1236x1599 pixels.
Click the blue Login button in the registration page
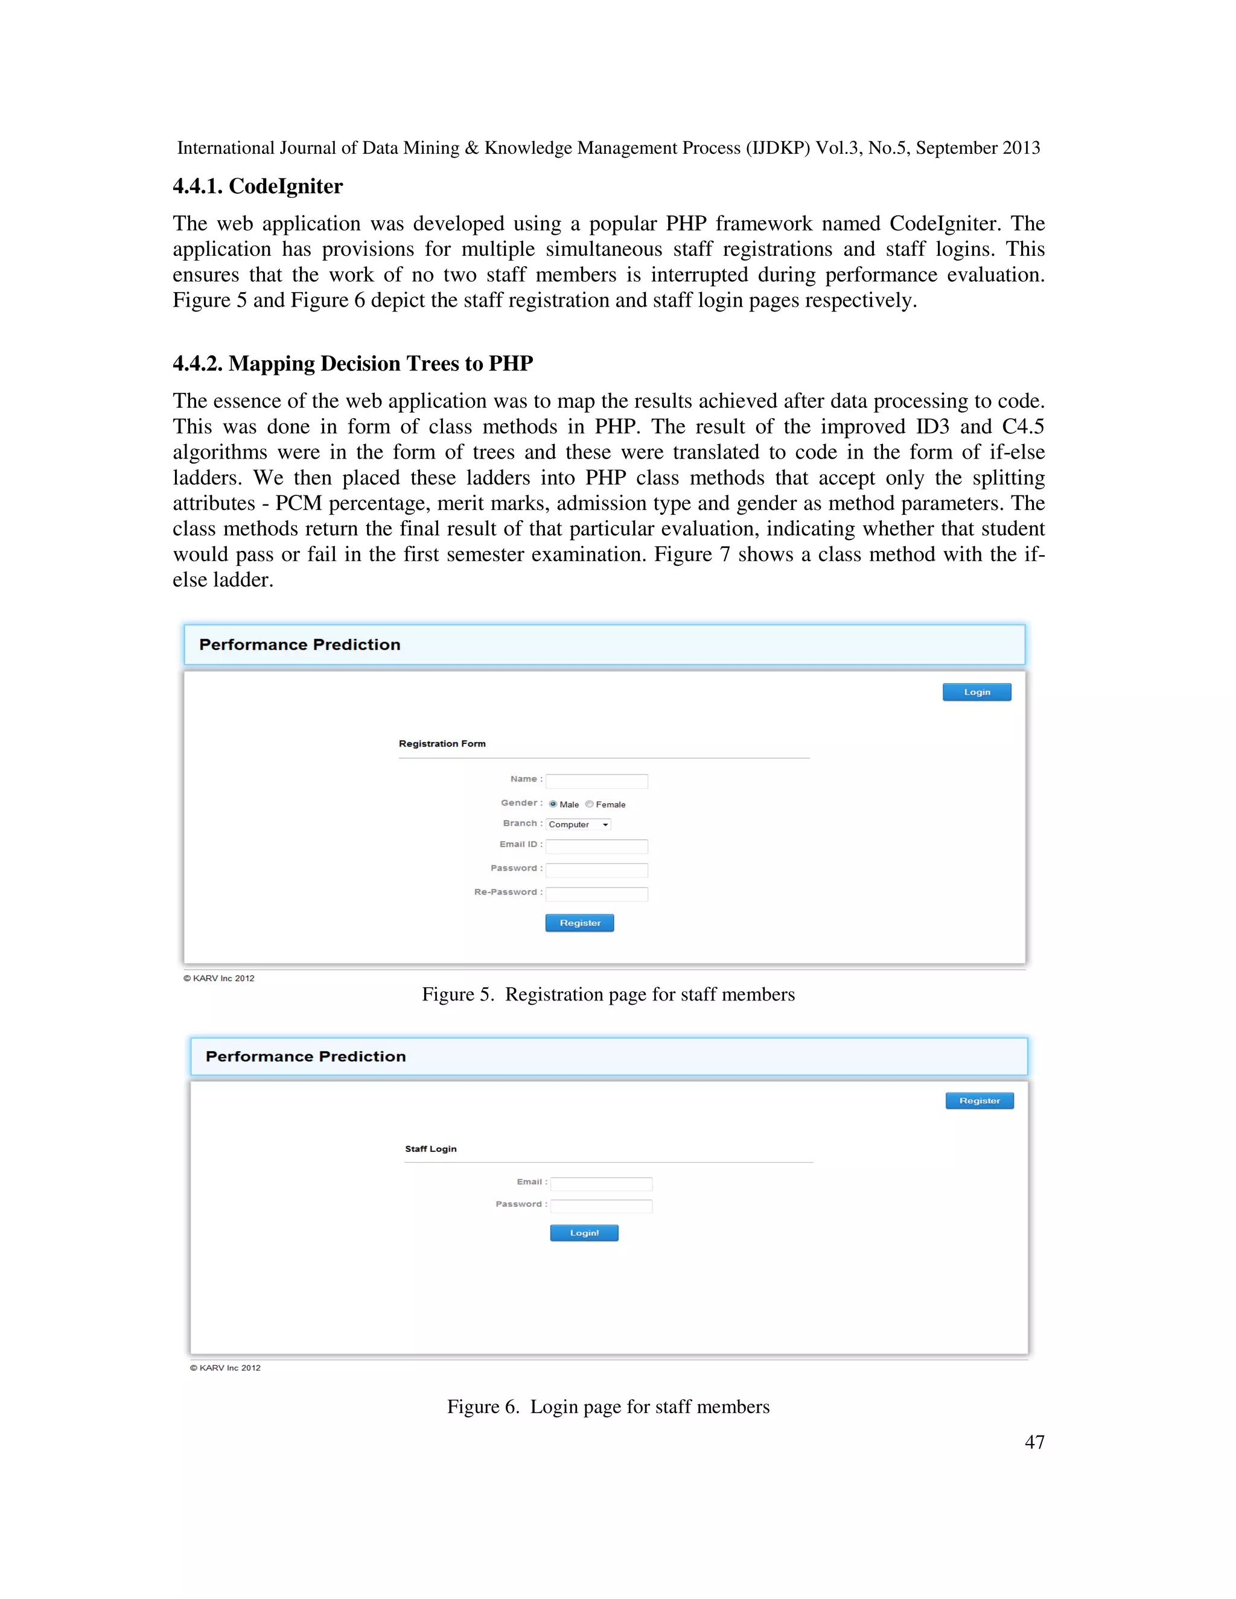pyautogui.click(x=976, y=692)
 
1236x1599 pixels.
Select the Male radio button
pyautogui.click(x=553, y=804)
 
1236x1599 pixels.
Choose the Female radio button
pyautogui.click(x=590, y=804)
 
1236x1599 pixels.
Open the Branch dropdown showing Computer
pyautogui.click(x=578, y=824)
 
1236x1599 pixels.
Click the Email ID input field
pyautogui.click(x=596, y=847)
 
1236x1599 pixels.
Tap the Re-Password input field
pyautogui.click(x=596, y=894)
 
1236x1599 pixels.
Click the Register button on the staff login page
pyautogui.click(x=979, y=1101)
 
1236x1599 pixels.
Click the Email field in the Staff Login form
pyautogui.click(x=600, y=1184)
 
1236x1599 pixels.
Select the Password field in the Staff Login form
pyautogui.click(x=600, y=1206)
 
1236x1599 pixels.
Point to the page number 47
pyautogui.click(x=1034, y=1442)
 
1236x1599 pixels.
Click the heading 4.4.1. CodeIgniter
pyautogui.click(x=258, y=186)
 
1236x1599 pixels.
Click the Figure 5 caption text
pyautogui.click(x=608, y=994)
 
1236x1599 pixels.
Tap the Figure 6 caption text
pyautogui.click(x=608, y=1407)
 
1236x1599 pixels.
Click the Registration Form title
pyautogui.click(x=442, y=744)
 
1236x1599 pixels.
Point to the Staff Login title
pyautogui.click(x=430, y=1149)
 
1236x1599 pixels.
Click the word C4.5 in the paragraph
pyautogui.click(x=1022, y=427)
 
